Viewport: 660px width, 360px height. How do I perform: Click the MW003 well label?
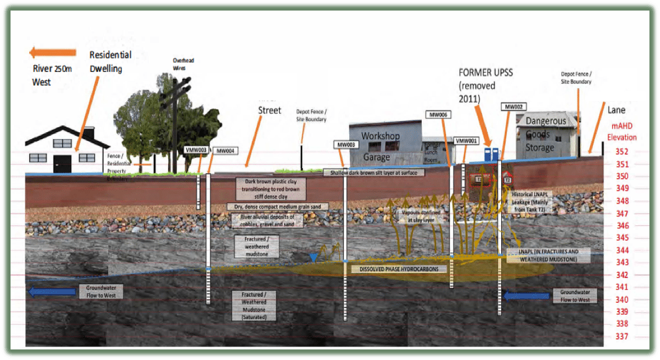click(346, 145)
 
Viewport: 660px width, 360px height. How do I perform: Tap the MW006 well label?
click(438, 115)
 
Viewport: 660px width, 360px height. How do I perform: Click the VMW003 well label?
click(197, 150)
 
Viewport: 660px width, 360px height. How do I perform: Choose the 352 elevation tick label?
click(621, 151)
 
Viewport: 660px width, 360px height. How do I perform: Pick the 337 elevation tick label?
click(621, 336)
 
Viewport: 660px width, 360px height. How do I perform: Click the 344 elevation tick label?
click(621, 250)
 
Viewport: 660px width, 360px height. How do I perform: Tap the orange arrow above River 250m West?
click(53, 53)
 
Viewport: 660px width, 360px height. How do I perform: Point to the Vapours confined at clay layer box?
click(421, 216)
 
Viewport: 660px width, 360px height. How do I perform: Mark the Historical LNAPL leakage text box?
click(533, 202)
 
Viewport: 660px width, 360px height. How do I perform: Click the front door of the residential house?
click(63, 163)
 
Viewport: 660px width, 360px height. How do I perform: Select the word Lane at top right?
click(616, 110)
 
